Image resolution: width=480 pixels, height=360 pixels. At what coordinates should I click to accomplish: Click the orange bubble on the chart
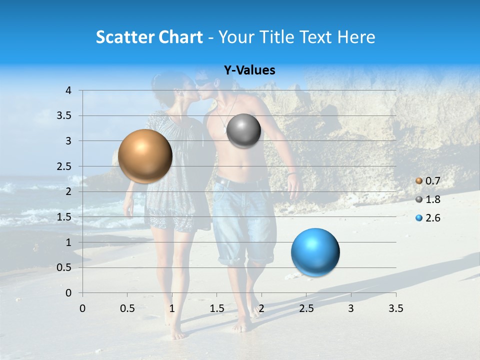click(145, 156)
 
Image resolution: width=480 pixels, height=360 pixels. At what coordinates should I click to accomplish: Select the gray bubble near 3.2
click(243, 131)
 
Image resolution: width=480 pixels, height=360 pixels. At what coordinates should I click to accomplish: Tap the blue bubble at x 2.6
click(315, 252)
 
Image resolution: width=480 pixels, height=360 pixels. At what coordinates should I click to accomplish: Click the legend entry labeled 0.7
click(432, 181)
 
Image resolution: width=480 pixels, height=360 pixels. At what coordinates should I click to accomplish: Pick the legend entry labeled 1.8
click(432, 199)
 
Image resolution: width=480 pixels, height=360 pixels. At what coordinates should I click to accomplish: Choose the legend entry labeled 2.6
click(432, 218)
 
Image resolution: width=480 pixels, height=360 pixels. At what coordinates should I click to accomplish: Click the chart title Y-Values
click(249, 70)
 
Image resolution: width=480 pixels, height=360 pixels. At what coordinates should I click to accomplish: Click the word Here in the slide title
click(356, 37)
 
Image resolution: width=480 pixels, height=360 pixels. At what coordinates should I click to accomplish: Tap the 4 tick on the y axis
click(68, 90)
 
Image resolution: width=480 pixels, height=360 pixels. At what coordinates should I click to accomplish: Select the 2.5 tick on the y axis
click(65, 166)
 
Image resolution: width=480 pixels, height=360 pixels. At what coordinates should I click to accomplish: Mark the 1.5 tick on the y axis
click(65, 217)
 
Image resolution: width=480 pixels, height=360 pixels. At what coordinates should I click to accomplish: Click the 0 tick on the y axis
click(68, 292)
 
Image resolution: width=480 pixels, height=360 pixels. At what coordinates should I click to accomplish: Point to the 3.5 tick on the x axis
click(395, 308)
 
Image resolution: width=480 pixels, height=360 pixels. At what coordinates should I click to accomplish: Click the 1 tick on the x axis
click(172, 308)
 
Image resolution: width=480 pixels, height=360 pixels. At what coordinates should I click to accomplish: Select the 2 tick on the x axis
click(261, 308)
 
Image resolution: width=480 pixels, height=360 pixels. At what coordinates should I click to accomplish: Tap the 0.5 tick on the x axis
click(127, 308)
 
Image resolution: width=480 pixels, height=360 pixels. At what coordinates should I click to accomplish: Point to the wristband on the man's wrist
click(293, 174)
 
